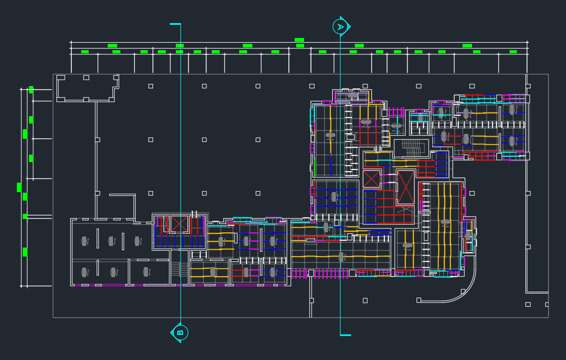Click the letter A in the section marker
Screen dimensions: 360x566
tap(341, 26)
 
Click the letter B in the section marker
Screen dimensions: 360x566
tap(180, 333)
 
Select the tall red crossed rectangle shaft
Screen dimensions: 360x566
tap(405, 187)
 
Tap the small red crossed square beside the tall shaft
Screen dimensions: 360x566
tap(371, 178)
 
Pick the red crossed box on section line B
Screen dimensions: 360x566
tap(180, 224)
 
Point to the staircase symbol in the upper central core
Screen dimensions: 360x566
tap(411, 147)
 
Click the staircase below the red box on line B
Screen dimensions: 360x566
tap(176, 269)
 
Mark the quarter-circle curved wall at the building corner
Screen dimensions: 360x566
tap(465, 290)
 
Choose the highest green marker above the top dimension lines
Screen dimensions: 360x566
tap(299, 40)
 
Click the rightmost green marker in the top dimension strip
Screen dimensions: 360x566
tap(513, 52)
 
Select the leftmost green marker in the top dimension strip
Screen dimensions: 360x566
tap(85, 52)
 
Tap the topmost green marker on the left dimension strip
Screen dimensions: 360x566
tap(31, 90)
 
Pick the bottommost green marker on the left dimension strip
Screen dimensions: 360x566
tap(25, 252)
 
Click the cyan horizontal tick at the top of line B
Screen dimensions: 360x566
tap(175, 24)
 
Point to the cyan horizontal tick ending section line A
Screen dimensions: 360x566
tap(345, 335)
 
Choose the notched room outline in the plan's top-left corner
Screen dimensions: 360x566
tap(87, 88)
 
